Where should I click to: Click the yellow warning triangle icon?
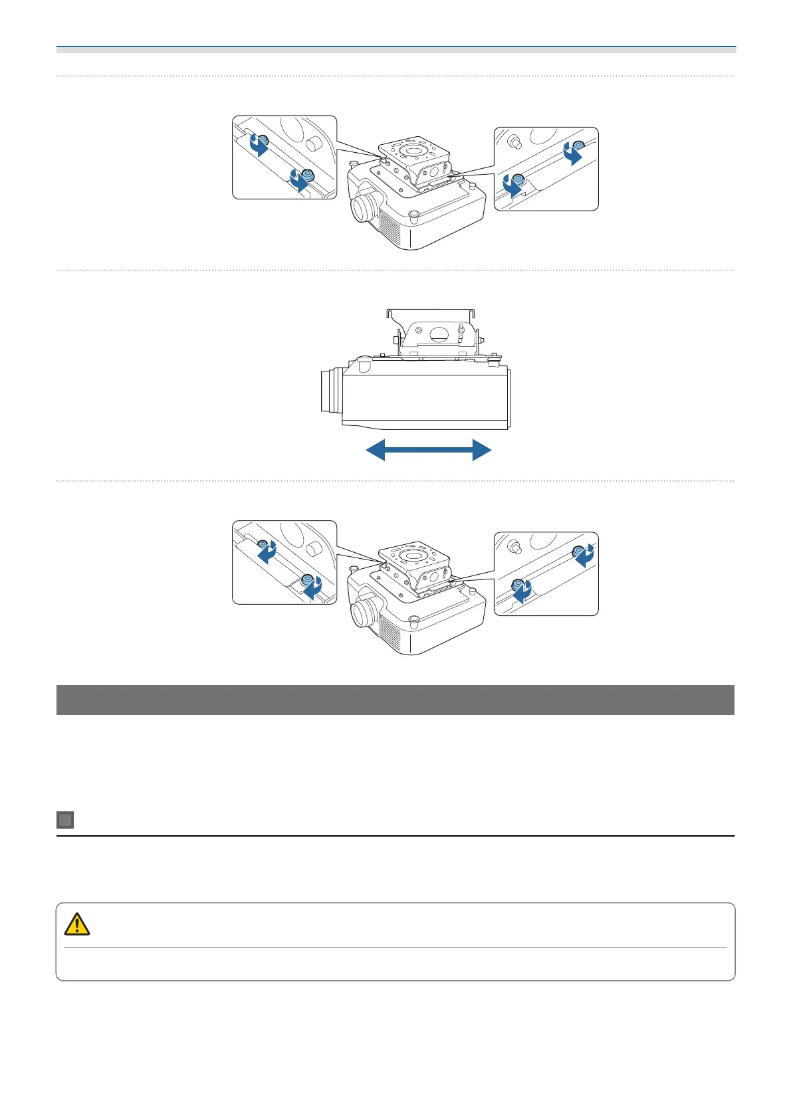click(77, 924)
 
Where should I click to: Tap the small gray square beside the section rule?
click(65, 820)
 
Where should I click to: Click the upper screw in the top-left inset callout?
click(263, 140)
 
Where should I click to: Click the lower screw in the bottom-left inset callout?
click(307, 579)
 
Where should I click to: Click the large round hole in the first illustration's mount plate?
click(414, 151)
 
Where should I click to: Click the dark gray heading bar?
click(395, 700)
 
